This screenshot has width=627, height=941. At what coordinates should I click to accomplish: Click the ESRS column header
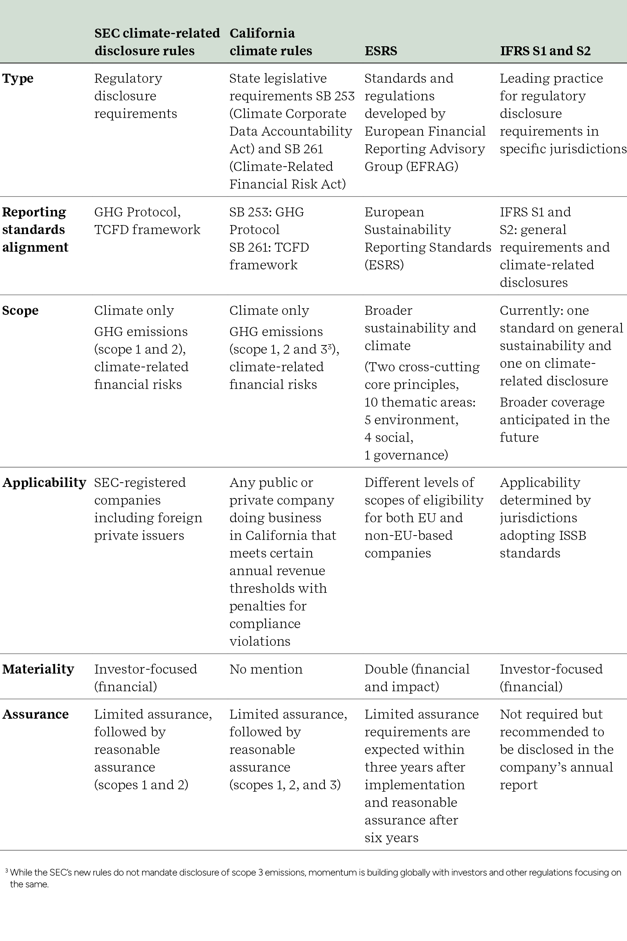coord(381,51)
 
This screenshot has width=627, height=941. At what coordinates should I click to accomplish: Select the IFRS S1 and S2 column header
coord(545,51)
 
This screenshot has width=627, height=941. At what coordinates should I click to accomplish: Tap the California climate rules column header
coord(270,42)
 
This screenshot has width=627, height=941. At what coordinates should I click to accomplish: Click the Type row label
coord(18,78)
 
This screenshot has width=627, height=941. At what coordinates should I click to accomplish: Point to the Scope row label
coord(20,311)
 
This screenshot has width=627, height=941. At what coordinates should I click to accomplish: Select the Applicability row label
coord(44,483)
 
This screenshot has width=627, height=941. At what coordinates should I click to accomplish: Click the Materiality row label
coord(38,669)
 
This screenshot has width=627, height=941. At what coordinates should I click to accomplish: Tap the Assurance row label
coord(36,714)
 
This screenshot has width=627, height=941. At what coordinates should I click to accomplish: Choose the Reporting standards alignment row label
coord(35,230)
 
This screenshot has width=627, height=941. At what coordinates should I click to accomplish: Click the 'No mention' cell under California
coord(266,669)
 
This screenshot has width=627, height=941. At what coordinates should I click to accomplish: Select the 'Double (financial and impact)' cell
coord(417,678)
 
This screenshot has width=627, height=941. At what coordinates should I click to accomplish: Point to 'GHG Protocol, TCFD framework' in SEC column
coord(147,221)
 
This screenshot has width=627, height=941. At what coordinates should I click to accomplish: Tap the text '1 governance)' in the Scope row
coord(406,455)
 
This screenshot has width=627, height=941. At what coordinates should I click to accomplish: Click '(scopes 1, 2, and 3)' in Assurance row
coord(285,785)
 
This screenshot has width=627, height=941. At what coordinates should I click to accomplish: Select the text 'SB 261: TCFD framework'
coord(269,256)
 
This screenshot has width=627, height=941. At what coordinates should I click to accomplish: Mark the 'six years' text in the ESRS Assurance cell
coord(391,838)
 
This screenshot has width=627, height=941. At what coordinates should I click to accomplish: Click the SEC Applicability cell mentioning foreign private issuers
coord(148,509)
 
